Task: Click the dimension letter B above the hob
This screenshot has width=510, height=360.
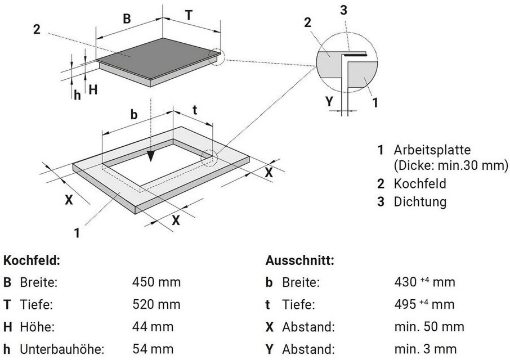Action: coord(127,19)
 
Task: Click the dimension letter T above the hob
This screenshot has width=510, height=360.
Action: coord(189,16)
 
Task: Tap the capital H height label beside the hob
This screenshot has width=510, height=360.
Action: coord(93,89)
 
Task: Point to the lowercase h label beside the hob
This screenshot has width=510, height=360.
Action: coord(78,94)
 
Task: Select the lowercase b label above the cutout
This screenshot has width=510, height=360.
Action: coord(134,114)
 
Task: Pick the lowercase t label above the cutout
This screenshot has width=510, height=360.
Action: coord(194,110)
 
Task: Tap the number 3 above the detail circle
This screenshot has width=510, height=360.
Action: coord(344,10)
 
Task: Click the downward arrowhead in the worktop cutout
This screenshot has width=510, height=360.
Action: coord(150,156)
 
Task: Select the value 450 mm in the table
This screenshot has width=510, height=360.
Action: coord(156,282)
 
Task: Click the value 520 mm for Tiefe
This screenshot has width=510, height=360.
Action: coord(156,304)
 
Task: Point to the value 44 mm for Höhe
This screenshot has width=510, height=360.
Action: coord(153,326)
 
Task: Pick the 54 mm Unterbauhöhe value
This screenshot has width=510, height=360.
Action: coord(153,349)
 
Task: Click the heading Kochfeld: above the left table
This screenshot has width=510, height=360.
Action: coord(32,261)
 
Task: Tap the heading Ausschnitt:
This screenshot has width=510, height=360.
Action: coord(299,261)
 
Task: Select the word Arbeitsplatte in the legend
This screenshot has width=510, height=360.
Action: coord(432,150)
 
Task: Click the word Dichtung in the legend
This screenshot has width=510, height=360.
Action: coord(420,201)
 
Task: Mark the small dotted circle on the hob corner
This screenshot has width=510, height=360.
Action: coord(216,57)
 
